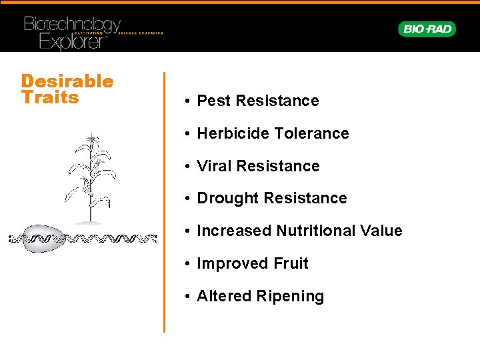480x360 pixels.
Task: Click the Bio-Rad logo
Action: [427, 29]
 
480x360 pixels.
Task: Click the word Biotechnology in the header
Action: [72, 25]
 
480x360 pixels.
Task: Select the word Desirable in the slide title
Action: [67, 81]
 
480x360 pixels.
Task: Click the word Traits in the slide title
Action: [50, 97]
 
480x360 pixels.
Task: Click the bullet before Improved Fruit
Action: [189, 264]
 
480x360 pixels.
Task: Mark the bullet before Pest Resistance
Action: [189, 101]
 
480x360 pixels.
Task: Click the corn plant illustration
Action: [89, 177]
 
